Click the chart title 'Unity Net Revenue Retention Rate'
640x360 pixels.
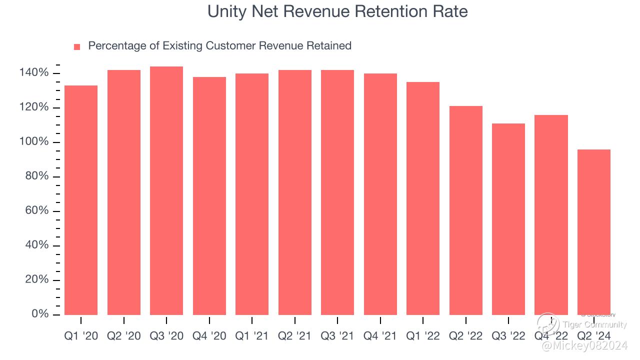(x=337, y=11)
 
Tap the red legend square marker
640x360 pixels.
(x=77, y=47)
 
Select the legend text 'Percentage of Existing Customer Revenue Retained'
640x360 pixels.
(x=219, y=46)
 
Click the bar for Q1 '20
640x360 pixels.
(x=81, y=200)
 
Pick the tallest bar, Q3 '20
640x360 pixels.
(x=166, y=190)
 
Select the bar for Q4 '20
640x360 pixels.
(x=209, y=195)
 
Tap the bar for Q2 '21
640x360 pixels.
(x=295, y=192)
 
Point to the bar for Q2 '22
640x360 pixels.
(x=466, y=210)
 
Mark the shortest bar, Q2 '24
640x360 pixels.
(x=594, y=232)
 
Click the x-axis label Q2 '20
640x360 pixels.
(x=124, y=336)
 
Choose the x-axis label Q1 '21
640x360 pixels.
(x=252, y=336)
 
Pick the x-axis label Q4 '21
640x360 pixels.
(x=380, y=336)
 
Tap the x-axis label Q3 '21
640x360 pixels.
(x=337, y=336)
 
